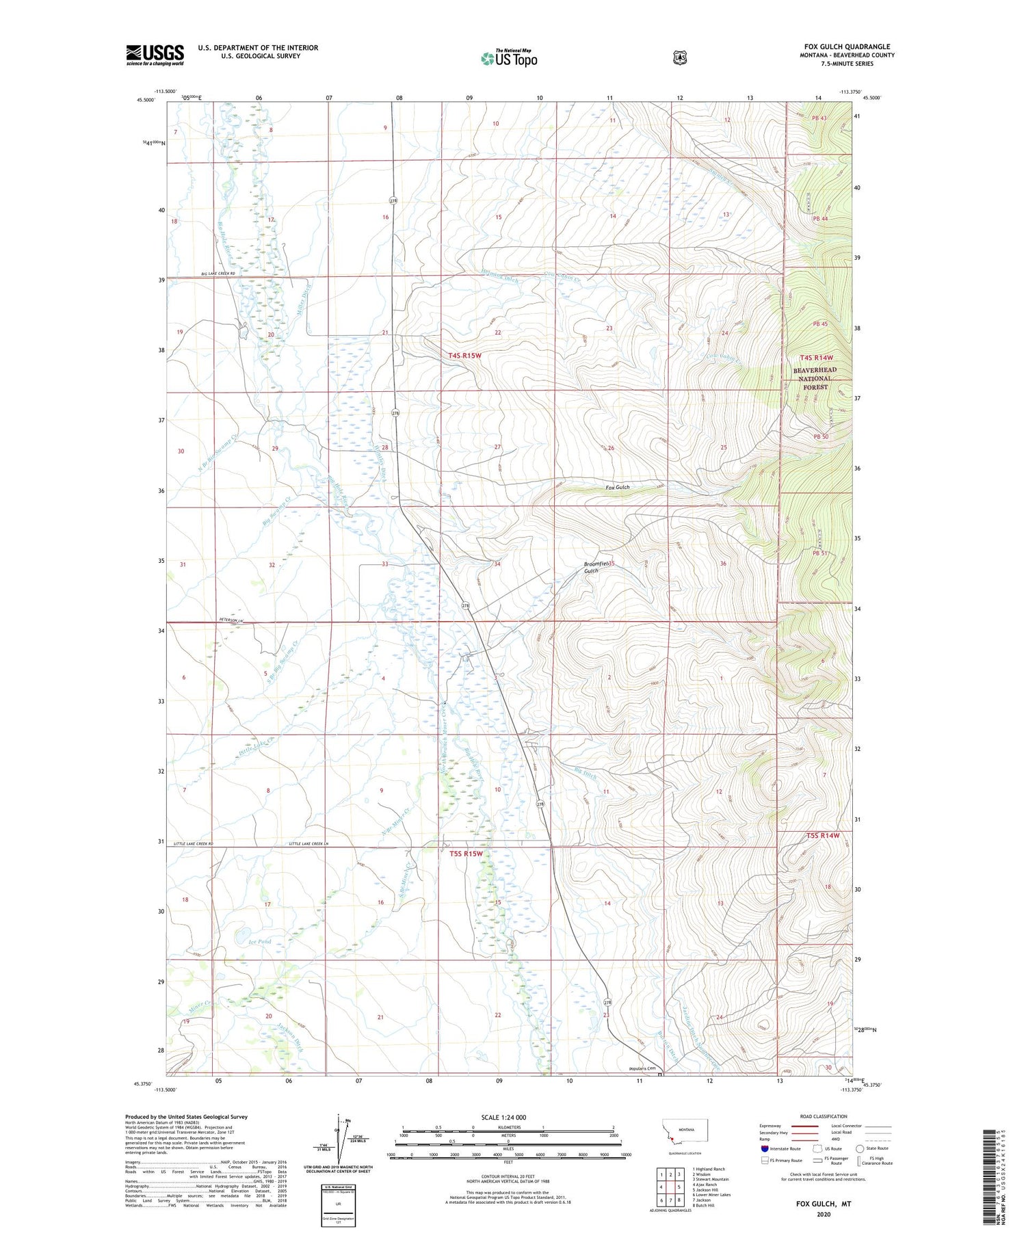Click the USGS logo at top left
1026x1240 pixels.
pyautogui.click(x=155, y=55)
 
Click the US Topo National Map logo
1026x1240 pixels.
pyautogui.click(x=509, y=58)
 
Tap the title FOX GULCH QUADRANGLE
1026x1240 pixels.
pyautogui.click(x=847, y=47)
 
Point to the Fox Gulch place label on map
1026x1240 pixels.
pyautogui.click(x=617, y=488)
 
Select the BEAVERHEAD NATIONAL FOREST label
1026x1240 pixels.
pyautogui.click(x=814, y=378)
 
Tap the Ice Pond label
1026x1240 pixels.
pyautogui.click(x=260, y=942)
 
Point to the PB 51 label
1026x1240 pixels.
pyautogui.click(x=820, y=553)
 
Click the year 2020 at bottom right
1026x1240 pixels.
pyautogui.click(x=823, y=1215)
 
